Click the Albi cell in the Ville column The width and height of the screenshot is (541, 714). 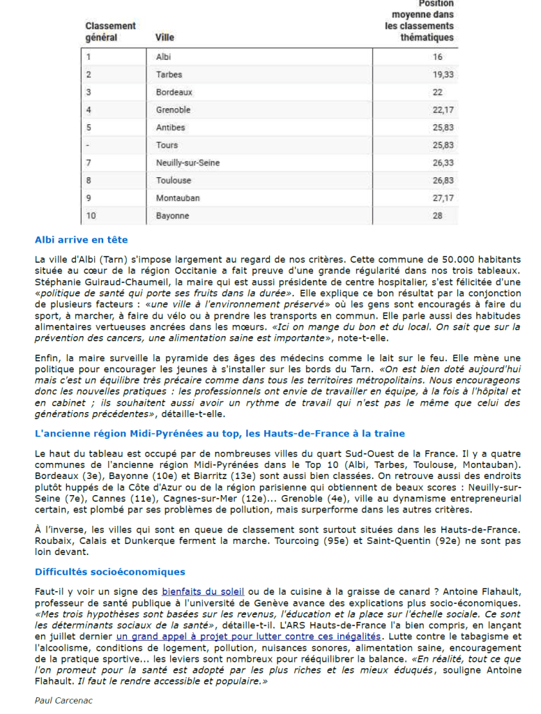coord(163,56)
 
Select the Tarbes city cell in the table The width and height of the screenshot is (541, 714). coord(169,75)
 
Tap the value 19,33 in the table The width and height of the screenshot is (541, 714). coord(443,75)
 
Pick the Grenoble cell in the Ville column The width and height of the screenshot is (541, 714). coord(173,109)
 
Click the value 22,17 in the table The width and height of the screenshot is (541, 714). coord(443,109)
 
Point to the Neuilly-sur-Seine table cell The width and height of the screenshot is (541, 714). coord(188,162)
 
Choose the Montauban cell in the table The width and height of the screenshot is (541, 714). coord(177,198)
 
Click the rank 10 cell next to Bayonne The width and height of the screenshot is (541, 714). coord(91,215)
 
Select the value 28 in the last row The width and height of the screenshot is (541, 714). coord(437,215)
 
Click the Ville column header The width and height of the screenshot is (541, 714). coord(165,38)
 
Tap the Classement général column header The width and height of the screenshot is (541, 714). coord(110,32)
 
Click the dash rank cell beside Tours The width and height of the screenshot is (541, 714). coord(88,145)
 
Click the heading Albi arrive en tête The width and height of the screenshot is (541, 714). coord(81,240)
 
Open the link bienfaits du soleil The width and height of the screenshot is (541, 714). coord(203,591)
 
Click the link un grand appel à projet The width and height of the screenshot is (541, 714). coord(248,636)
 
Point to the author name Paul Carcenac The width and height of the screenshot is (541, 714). coord(63,700)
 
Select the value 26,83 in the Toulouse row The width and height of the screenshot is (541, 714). coord(443,181)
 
